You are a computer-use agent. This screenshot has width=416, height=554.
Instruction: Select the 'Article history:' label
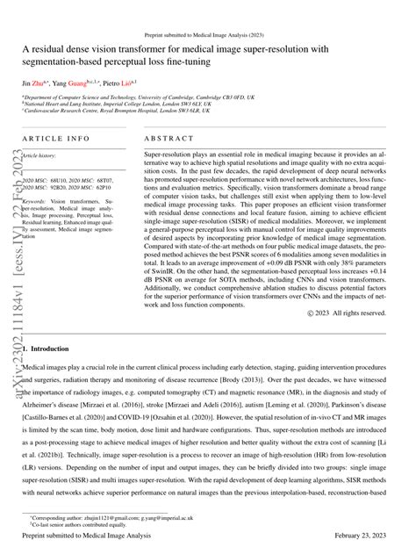(x=42, y=155)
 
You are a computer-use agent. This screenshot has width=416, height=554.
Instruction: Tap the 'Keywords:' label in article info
(x=40, y=201)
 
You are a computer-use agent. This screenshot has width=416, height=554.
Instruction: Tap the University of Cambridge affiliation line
(x=140, y=98)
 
